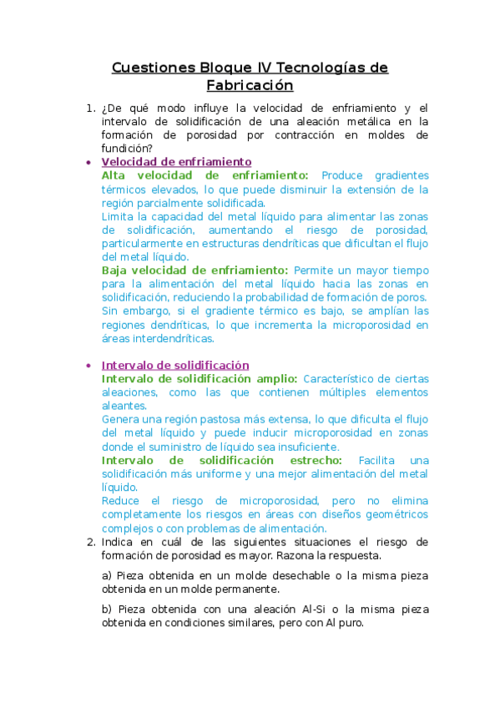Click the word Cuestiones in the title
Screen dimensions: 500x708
click(152, 68)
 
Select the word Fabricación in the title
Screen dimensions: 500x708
click(250, 85)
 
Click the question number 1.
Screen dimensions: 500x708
click(90, 109)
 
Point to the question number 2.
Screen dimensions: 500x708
click(90, 542)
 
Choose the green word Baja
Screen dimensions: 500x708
click(117, 271)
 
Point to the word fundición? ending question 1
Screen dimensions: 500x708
click(127, 149)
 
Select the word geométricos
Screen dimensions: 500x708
click(396, 514)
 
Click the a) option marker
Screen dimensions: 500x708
click(107, 576)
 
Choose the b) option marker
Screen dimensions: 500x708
click(107, 609)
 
